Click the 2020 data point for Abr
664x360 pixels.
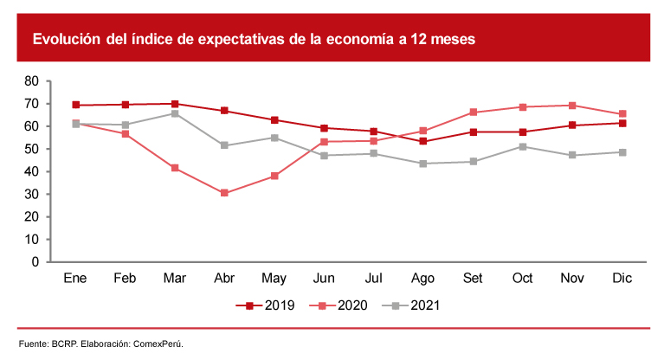pos(224,193)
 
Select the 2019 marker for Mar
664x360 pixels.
pos(175,104)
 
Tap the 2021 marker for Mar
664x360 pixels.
pos(175,113)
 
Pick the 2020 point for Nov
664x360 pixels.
pos(572,106)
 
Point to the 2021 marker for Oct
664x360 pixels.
pos(523,146)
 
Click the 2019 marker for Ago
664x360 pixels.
pos(423,141)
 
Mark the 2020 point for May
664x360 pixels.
pos(274,176)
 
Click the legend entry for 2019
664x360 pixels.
pos(270,305)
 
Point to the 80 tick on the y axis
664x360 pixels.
pos(32,81)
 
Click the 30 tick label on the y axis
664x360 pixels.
pos(32,194)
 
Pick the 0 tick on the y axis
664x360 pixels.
pos(35,261)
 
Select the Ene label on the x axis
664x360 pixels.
pos(76,279)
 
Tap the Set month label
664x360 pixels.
pos(474,279)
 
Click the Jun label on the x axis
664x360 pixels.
pos(324,279)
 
